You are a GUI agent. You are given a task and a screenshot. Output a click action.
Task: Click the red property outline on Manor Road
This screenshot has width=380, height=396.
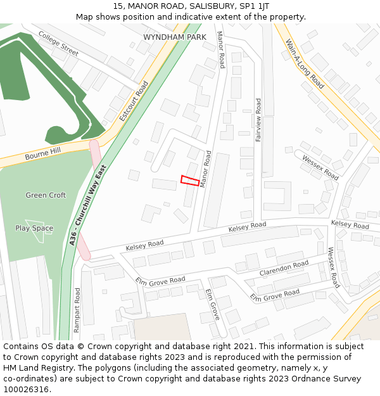click(x=190, y=181)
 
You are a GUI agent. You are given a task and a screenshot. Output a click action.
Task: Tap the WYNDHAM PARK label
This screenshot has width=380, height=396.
click(x=175, y=38)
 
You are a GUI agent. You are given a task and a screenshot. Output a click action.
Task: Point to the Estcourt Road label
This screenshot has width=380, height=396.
click(x=134, y=101)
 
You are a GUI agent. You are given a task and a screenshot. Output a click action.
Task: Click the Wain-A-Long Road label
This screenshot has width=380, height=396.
click(x=305, y=63)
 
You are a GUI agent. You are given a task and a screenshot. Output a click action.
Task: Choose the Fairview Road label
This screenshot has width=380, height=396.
click(x=258, y=119)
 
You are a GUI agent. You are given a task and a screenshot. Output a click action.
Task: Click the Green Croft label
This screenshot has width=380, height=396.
click(x=46, y=195)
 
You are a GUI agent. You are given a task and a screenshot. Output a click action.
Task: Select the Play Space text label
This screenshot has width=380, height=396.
click(x=34, y=228)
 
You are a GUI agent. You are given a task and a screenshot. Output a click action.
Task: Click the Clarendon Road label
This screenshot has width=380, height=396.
click(x=284, y=268)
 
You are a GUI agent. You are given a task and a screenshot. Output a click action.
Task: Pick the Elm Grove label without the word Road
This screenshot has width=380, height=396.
click(x=212, y=304)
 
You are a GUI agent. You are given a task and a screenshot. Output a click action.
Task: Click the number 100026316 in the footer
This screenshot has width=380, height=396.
click(x=25, y=389)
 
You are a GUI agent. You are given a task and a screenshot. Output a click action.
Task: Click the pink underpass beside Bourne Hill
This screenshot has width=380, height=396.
click(x=95, y=154)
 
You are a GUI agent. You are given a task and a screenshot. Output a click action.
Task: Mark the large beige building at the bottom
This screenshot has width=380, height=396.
click(x=162, y=328)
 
